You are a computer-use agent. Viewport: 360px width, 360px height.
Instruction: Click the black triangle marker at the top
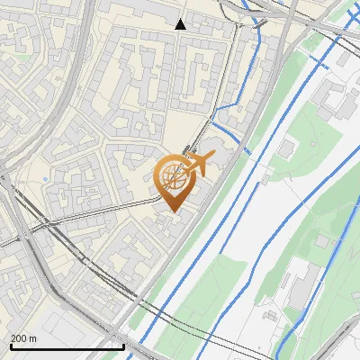coord(181,24)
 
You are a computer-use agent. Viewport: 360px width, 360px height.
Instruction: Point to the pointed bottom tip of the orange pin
coord(171,211)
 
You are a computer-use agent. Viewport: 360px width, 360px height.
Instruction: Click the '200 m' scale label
coord(23,338)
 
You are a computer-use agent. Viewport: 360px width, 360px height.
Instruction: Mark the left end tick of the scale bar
coord(10,345)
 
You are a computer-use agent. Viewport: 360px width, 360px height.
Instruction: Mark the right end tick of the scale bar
coord(123,345)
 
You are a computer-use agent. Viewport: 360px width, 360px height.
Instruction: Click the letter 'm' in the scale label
coord(32,338)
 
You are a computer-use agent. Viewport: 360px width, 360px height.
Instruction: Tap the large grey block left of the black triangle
coord(135,13)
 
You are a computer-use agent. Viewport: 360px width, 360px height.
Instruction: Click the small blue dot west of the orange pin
coord(43,183)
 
